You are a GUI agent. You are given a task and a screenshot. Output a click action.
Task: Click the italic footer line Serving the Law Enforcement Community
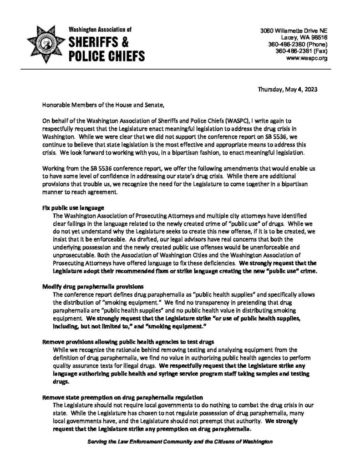click(x=180, y=442)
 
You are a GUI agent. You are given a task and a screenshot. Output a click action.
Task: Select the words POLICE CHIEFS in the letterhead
click(x=106, y=56)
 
